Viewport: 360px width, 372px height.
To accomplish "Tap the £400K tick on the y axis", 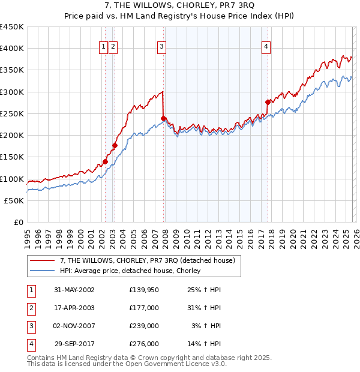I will pyautogui.click(x=12, y=49).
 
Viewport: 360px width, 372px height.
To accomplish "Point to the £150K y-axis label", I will pyautogui.click(x=12, y=157).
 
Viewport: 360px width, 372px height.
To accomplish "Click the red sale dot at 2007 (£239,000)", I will pyautogui.click(x=163, y=118).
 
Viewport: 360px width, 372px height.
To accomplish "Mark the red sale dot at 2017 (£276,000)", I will pyautogui.click(x=268, y=102).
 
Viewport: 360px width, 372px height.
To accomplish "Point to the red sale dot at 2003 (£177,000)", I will pyautogui.click(x=115, y=145).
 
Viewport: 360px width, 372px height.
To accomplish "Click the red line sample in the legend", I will pyautogui.click(x=43, y=260).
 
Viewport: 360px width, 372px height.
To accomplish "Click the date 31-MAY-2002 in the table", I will pyautogui.click(x=74, y=290).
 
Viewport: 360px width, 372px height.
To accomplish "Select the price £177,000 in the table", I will pyautogui.click(x=143, y=308).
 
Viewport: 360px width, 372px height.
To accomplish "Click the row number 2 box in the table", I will pyautogui.click(x=31, y=308).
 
